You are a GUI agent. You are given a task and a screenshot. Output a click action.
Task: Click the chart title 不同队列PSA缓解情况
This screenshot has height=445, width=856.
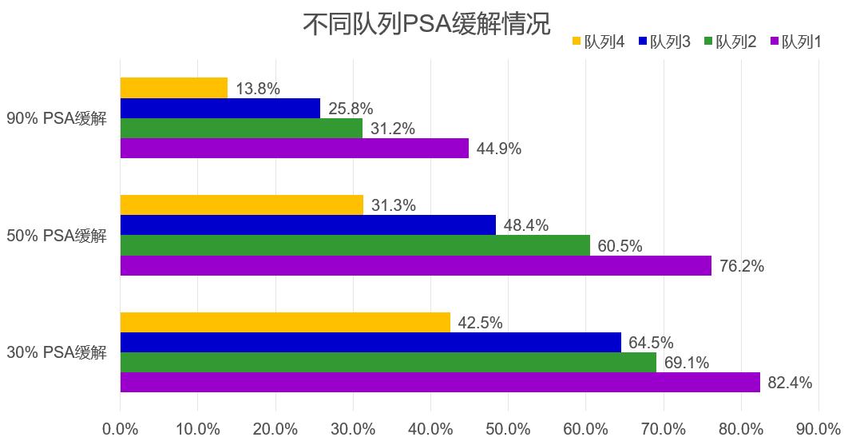(x=426, y=23)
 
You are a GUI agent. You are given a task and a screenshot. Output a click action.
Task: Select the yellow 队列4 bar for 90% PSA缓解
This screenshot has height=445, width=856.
(x=174, y=88)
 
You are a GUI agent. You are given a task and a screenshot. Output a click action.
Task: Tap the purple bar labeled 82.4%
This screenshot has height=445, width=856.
(x=440, y=382)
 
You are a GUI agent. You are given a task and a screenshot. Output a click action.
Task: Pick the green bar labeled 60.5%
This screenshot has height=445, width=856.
(x=355, y=245)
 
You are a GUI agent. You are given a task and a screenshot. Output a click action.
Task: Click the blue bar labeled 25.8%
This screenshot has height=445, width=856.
(x=220, y=108)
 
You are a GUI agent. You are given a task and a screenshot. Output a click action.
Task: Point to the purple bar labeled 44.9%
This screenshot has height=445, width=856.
(x=295, y=148)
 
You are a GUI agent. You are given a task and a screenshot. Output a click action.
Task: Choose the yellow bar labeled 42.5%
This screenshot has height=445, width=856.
(x=285, y=323)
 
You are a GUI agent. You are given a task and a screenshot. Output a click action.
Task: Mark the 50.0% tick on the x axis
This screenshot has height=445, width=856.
(x=509, y=428)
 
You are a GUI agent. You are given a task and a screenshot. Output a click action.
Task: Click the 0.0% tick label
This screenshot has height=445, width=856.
(x=121, y=428)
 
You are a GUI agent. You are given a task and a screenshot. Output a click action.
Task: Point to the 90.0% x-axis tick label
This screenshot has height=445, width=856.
(x=818, y=428)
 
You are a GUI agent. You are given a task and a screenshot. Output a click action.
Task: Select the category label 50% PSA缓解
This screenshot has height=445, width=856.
(x=57, y=236)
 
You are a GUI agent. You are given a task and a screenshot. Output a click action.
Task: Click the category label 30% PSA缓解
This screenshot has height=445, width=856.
(x=57, y=352)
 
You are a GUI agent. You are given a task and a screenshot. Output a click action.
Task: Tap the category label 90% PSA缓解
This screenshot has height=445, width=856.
(x=57, y=118)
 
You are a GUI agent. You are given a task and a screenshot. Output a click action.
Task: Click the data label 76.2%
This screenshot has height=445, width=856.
(x=741, y=266)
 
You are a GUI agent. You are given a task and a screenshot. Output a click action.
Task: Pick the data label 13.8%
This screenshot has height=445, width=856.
(x=257, y=89)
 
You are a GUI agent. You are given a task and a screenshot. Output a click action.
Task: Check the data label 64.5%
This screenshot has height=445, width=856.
(x=651, y=343)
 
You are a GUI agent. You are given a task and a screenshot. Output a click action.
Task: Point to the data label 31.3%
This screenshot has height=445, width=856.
(x=393, y=205)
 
